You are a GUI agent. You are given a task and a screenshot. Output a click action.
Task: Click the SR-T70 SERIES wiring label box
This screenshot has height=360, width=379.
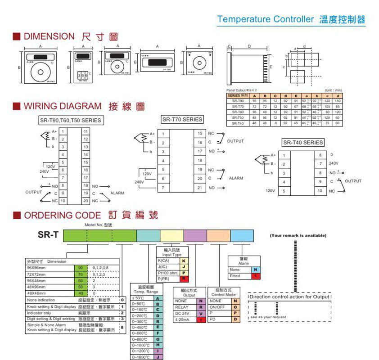click(182, 120)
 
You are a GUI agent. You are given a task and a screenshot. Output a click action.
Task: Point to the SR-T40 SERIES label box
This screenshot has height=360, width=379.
click(303, 143)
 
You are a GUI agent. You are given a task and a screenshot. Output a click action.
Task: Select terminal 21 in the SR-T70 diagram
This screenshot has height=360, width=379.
click(199, 187)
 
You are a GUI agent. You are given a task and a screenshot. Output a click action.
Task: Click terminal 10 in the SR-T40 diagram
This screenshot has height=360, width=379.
click(320, 191)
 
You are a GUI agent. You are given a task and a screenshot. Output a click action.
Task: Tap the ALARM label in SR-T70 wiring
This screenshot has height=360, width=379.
click(236, 178)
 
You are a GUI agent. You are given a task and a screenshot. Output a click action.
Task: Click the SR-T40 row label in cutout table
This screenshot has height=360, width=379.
click(238, 123)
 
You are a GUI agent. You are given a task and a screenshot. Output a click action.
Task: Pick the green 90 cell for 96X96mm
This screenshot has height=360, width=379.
click(80, 267)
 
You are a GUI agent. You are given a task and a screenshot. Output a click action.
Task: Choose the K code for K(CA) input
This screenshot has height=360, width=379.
click(184, 261)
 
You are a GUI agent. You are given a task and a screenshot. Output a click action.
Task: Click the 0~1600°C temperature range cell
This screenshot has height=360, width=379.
click(141, 357)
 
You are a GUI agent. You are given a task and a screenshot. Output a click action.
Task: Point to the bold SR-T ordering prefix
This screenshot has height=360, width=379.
click(47, 234)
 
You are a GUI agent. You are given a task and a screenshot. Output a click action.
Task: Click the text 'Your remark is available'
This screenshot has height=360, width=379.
click(298, 235)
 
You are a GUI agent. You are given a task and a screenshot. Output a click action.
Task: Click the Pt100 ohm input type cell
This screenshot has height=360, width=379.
click(167, 273)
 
